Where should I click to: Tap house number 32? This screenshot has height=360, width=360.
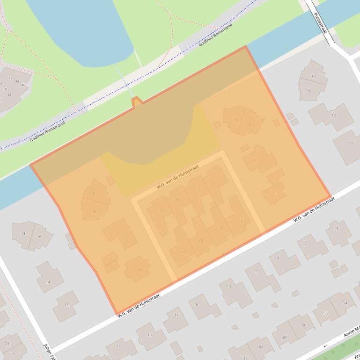124,234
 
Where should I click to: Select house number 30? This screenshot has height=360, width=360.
94,212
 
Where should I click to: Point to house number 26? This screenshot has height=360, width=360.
177,200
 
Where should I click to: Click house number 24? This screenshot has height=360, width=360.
162,211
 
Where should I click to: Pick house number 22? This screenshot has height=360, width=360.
183,252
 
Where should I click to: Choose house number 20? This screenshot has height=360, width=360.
201,241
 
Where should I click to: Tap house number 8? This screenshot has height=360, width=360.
250,124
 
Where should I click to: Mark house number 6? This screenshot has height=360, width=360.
254,160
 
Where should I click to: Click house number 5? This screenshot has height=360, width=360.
337,229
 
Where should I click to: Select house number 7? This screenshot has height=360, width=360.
306,244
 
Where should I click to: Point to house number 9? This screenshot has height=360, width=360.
278,258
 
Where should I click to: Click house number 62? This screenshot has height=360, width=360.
261,347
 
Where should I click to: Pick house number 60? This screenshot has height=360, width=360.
285,337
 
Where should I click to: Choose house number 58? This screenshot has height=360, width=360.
304,325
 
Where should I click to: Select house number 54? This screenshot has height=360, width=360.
345,303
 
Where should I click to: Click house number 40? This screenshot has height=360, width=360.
23,85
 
